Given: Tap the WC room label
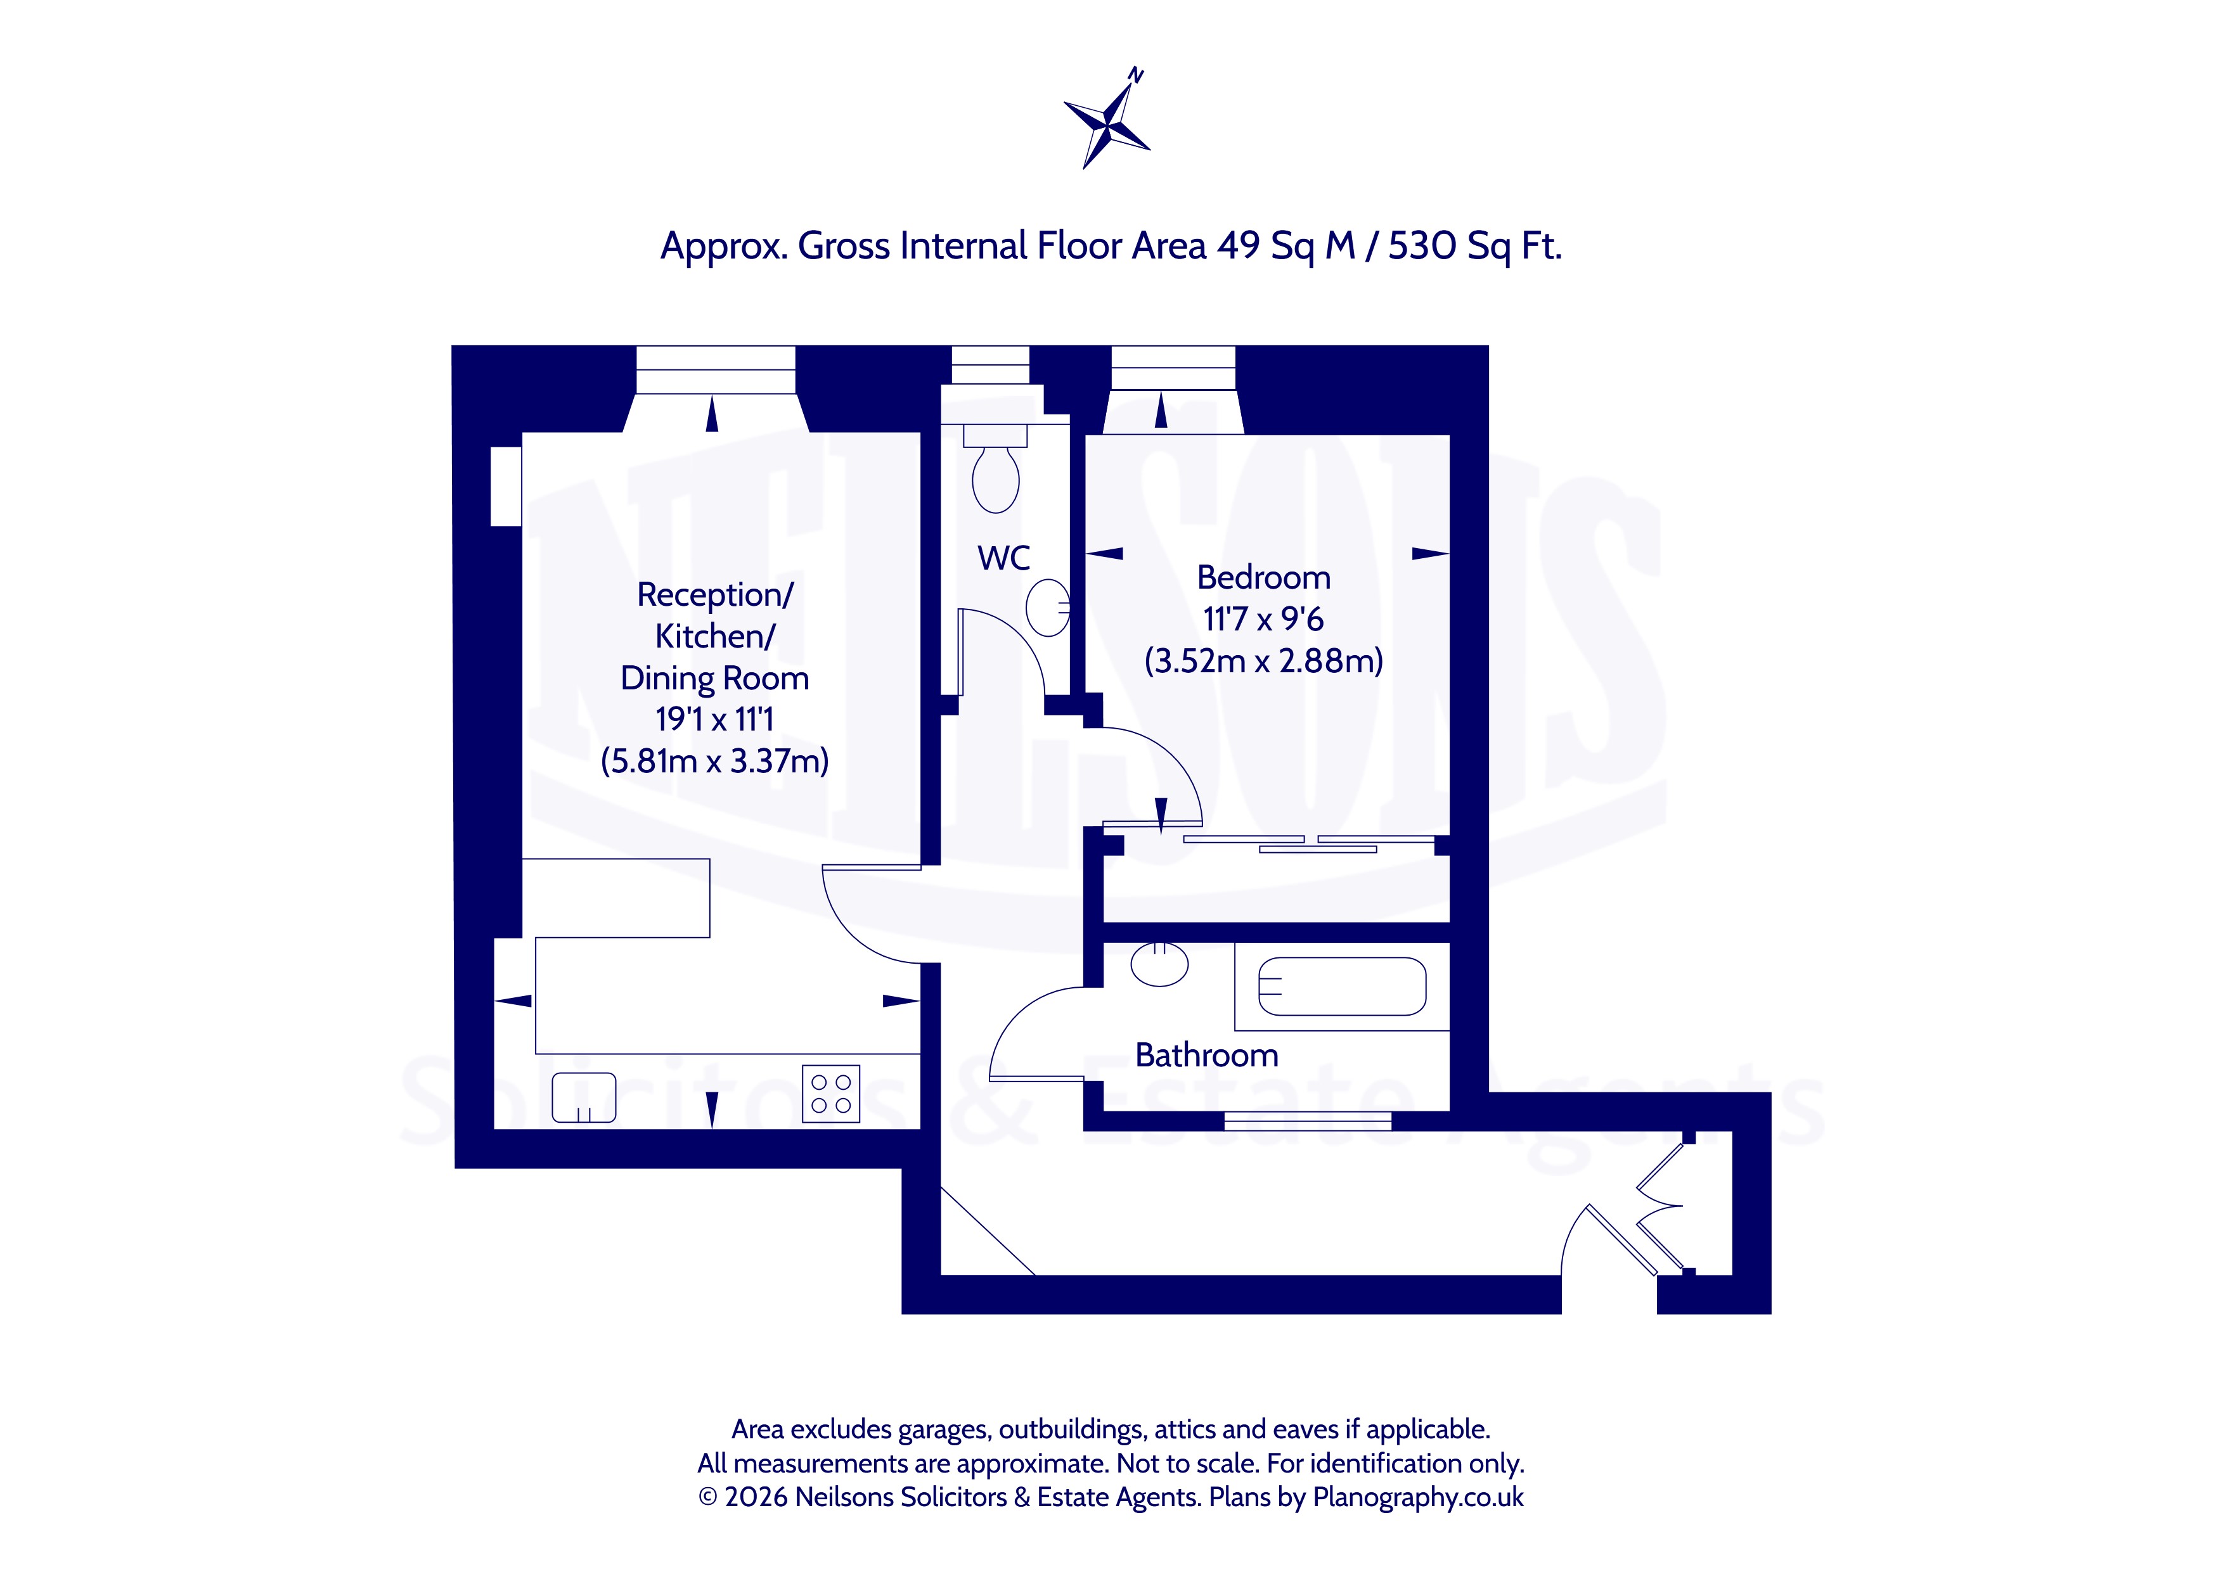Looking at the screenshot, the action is (1004, 558).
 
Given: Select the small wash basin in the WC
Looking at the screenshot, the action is (1048, 608).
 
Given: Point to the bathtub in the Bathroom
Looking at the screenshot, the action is (1342, 987).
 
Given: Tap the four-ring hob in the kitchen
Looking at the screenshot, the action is (832, 1094).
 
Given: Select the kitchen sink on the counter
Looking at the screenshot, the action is (584, 1097).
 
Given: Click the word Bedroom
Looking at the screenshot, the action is (1263, 578).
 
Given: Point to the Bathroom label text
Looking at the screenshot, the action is (1206, 1055).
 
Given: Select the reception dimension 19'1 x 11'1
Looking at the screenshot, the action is (714, 719).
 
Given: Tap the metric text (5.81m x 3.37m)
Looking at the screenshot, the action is (714, 761).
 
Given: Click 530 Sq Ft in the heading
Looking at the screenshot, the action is (1474, 246).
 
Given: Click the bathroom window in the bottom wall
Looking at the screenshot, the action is (1308, 1121).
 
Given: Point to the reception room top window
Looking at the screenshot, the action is (716, 370).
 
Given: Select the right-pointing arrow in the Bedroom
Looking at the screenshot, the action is (1430, 554).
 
